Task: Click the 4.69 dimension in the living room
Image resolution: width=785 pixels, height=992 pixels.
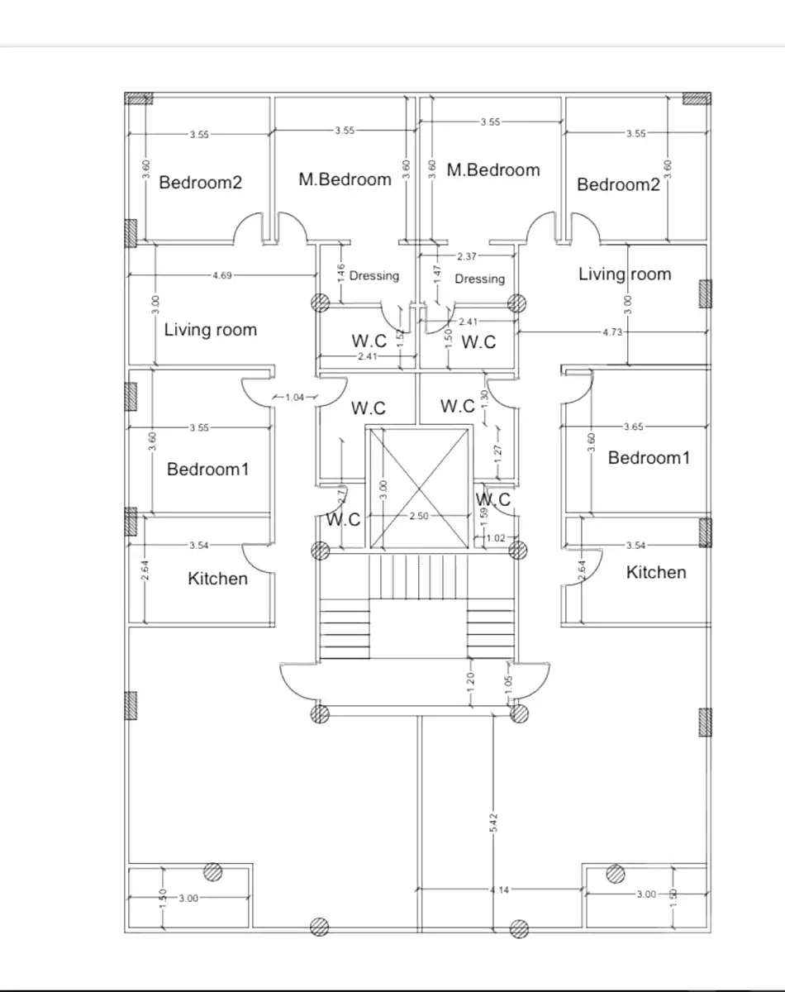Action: pyautogui.click(x=221, y=275)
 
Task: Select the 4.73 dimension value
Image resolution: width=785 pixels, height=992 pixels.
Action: pyautogui.click(x=611, y=331)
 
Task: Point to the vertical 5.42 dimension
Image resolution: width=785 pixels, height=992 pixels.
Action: pyautogui.click(x=493, y=822)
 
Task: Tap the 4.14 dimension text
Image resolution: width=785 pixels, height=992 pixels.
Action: pyautogui.click(x=498, y=889)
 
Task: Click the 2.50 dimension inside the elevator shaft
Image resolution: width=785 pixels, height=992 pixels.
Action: pyautogui.click(x=419, y=516)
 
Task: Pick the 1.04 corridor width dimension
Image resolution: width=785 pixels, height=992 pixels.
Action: pyautogui.click(x=294, y=398)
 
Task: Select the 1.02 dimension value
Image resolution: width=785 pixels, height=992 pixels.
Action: pyautogui.click(x=496, y=538)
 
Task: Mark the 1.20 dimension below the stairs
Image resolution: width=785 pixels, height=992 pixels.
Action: pyautogui.click(x=471, y=681)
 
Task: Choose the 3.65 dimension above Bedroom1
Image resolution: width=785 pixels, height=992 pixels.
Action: pyautogui.click(x=634, y=427)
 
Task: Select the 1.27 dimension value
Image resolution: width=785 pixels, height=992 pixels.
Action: pyautogui.click(x=497, y=452)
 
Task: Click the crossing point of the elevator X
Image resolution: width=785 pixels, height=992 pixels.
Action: pyautogui.click(x=419, y=488)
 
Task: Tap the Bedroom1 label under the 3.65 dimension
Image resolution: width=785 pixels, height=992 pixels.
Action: pyautogui.click(x=648, y=458)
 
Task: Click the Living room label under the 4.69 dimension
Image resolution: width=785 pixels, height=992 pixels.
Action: pyautogui.click(x=210, y=330)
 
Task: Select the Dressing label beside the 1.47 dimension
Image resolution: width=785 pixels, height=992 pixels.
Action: pyautogui.click(x=479, y=279)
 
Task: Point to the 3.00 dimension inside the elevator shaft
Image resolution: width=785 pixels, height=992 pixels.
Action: pyautogui.click(x=383, y=489)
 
